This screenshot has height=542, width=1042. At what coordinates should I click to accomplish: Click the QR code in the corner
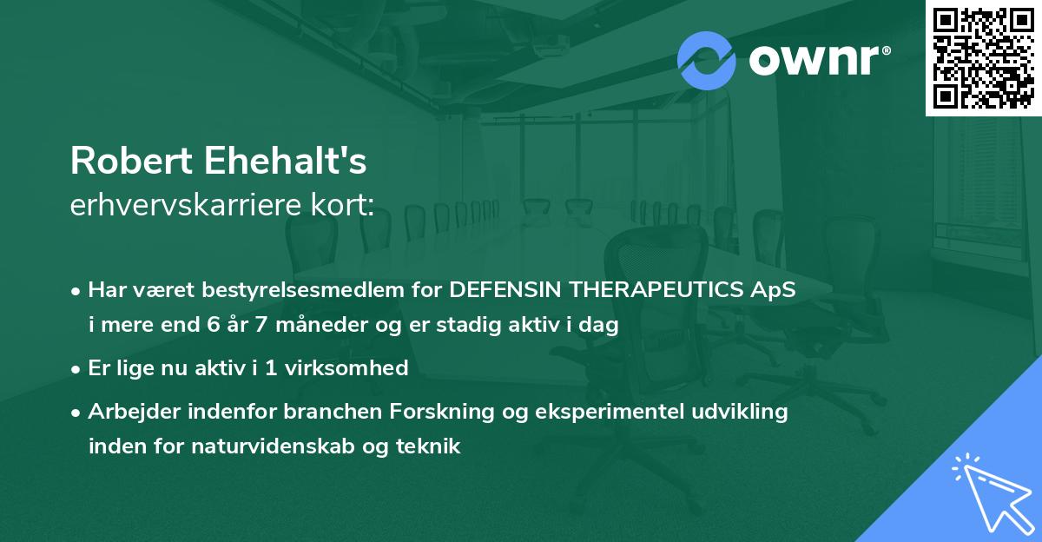(x=983, y=58)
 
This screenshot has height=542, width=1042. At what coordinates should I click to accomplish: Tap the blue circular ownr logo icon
(x=707, y=61)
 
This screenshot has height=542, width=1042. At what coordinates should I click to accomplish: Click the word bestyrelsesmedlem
(x=302, y=291)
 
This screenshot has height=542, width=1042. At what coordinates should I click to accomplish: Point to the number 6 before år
(x=214, y=327)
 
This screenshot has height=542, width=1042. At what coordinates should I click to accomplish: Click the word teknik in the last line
(x=430, y=446)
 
